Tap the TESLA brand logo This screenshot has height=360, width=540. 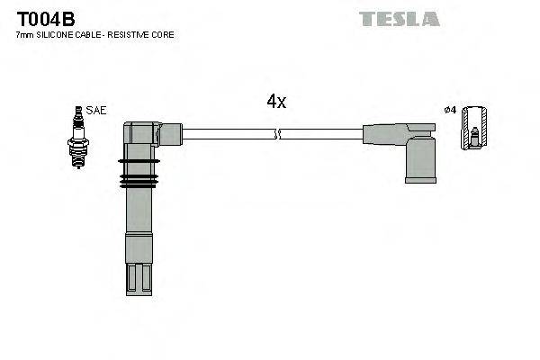point(400,19)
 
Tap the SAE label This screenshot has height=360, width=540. point(97,110)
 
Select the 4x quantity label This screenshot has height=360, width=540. point(276,102)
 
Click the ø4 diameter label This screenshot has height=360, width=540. point(450,110)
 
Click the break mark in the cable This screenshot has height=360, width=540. point(277,134)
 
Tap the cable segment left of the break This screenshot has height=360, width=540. point(229,134)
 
